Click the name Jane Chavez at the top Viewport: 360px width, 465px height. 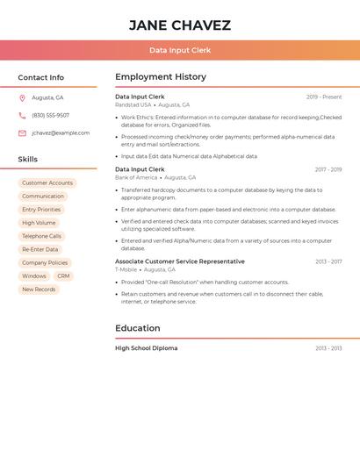coord(180,25)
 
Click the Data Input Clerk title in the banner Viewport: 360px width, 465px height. coord(180,51)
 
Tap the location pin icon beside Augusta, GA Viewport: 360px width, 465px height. coord(22,98)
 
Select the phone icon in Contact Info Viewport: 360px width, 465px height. coord(22,116)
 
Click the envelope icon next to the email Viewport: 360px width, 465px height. coord(22,133)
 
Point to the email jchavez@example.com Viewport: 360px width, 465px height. coord(61,133)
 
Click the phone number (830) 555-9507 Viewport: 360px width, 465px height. coord(50,116)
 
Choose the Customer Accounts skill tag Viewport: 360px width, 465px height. coord(47,183)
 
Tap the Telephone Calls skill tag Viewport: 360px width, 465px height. coord(41,236)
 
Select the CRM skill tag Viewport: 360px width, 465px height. coord(63,276)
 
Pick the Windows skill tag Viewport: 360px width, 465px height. coord(34,276)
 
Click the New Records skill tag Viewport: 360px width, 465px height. coord(39,290)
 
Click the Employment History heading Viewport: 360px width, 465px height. coord(161,77)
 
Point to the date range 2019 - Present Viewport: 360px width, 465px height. coord(324,97)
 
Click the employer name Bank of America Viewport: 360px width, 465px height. coord(136,177)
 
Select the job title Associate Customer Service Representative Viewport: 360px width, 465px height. coord(180,261)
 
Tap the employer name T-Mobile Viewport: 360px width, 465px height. coord(127,270)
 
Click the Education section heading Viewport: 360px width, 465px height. coord(138,329)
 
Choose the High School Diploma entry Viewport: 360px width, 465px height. coord(146,348)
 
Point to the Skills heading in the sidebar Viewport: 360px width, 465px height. coord(28,160)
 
